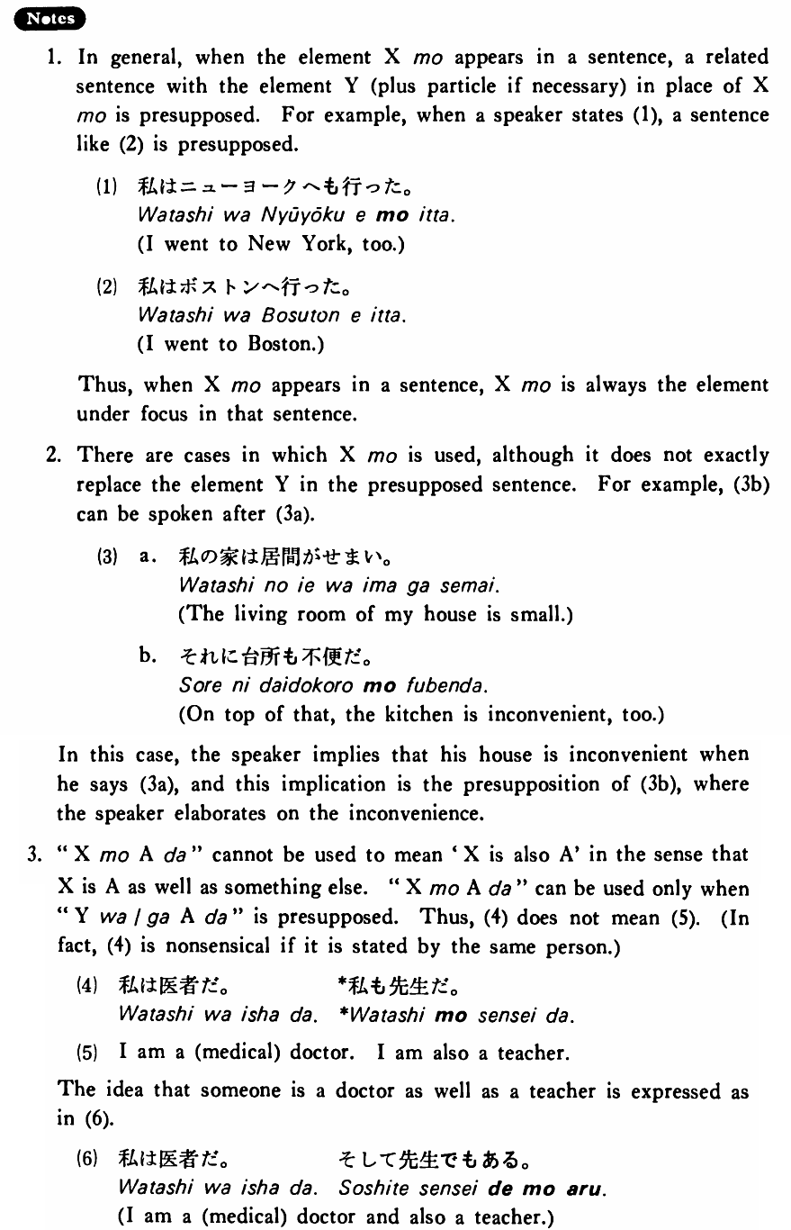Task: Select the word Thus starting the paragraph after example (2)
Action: pyautogui.click(x=99, y=385)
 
